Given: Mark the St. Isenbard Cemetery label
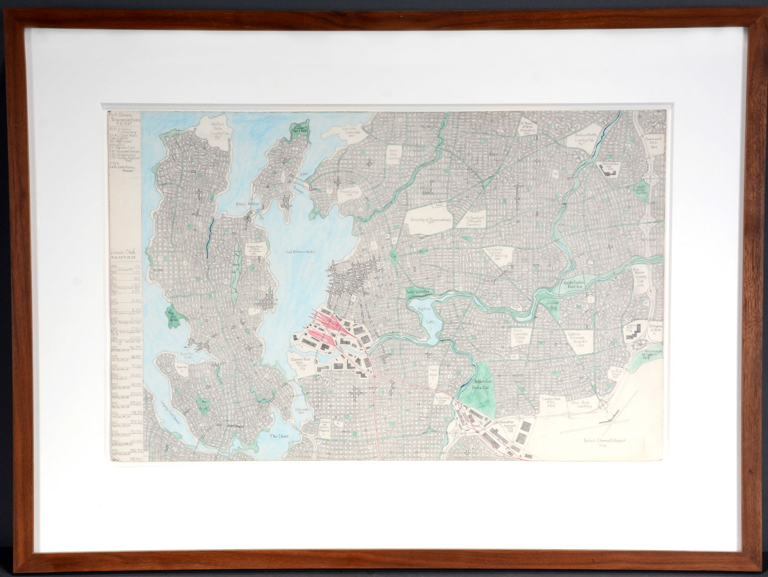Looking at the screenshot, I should click(478, 222).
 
